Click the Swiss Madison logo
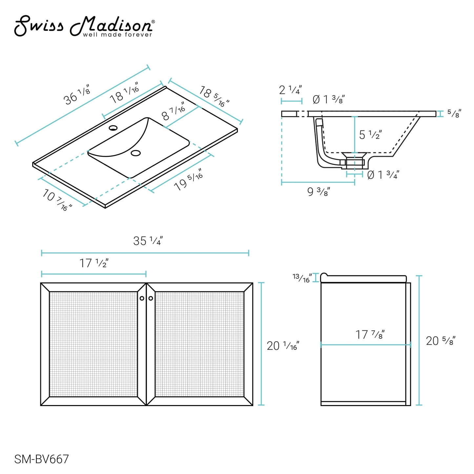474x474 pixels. click(x=84, y=27)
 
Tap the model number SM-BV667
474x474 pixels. click(x=41, y=459)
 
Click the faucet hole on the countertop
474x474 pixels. click(x=113, y=128)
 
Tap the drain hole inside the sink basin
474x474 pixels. click(x=135, y=153)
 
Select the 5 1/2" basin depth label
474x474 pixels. click(x=370, y=134)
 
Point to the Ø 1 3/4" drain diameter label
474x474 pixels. click(x=383, y=175)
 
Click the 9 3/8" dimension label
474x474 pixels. click(x=318, y=192)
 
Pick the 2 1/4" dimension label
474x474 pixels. click(x=290, y=90)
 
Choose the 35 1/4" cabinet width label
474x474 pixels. click(x=148, y=241)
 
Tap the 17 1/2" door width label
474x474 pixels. click(x=94, y=263)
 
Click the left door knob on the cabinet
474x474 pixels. click(x=142, y=298)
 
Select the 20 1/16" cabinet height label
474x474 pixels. click(x=283, y=346)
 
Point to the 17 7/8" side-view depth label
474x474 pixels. click(x=370, y=335)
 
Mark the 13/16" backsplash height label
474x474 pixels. click(x=302, y=278)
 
